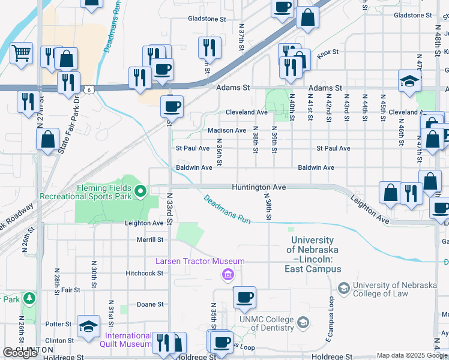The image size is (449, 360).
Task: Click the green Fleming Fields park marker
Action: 140,191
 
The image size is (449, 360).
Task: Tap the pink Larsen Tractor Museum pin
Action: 228,275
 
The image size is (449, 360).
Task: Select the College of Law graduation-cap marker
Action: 344,289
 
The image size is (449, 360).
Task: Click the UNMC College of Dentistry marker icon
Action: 304,323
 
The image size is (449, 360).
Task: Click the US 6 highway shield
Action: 88,89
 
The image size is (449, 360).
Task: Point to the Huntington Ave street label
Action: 259,187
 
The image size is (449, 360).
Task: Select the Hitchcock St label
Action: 144,273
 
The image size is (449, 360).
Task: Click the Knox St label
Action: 328,53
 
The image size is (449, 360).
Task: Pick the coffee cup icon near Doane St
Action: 244,297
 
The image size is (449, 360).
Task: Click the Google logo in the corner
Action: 20,353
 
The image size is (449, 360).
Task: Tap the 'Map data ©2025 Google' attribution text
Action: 412,355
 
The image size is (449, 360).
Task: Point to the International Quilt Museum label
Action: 128,340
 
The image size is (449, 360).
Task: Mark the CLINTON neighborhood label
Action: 29,349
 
